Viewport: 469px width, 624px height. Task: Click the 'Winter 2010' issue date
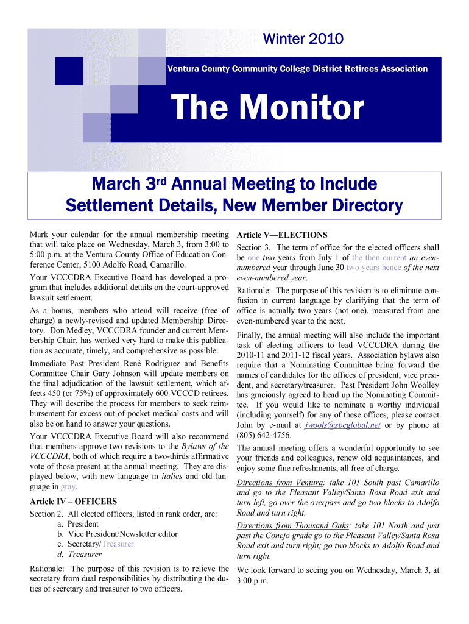click(x=303, y=40)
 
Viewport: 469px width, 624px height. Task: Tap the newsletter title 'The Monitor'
click(x=267, y=109)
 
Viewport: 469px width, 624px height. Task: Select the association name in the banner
click(x=297, y=69)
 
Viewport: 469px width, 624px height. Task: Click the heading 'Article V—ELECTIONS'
click(x=282, y=235)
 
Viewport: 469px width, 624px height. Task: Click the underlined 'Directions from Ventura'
click(x=280, y=482)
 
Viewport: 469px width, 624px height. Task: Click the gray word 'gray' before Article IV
click(x=68, y=487)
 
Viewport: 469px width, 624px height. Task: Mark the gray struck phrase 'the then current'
click(x=379, y=257)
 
